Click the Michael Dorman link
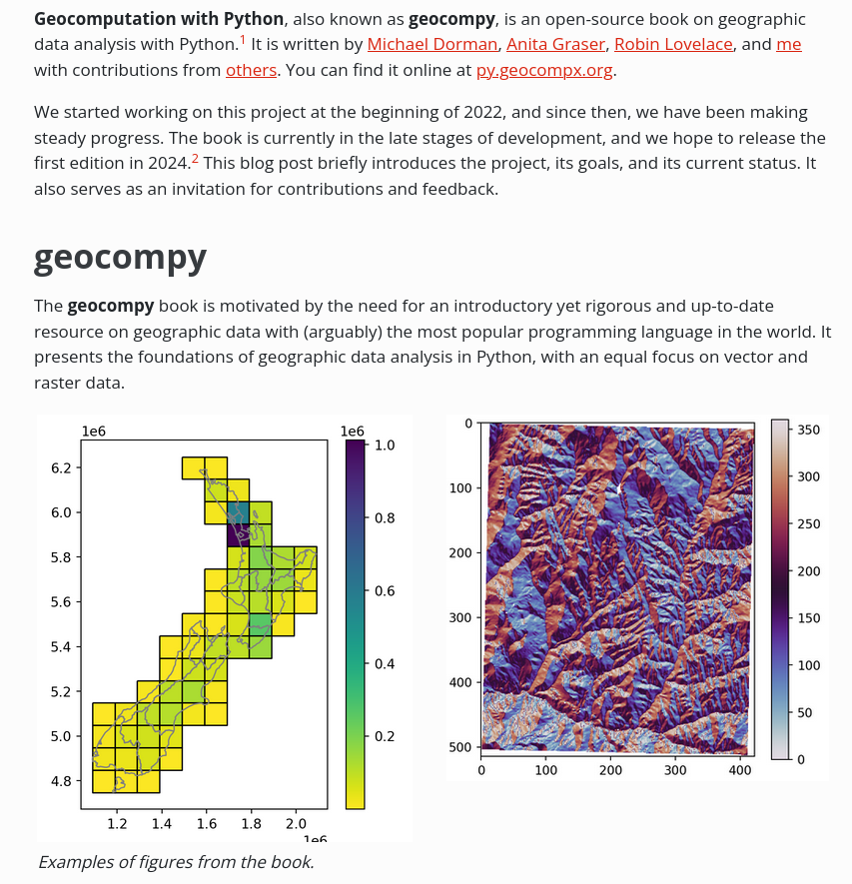431,44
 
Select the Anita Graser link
555,44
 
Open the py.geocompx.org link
544,70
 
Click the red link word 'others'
251,70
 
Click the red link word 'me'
789,44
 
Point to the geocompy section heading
120,257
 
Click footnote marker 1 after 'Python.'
243,39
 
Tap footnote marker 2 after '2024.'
195,159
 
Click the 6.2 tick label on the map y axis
61,467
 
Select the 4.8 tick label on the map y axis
61,781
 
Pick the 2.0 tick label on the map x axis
296,824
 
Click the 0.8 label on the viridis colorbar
385,517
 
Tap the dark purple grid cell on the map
238,534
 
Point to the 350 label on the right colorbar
808,430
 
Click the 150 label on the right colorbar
808,618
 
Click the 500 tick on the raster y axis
461,746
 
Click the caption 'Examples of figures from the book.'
176,862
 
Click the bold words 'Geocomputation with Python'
159,19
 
